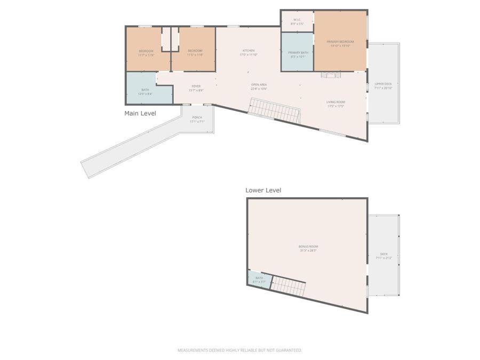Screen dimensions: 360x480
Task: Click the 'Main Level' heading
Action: click(140, 114)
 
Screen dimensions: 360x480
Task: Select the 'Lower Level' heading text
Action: click(263, 190)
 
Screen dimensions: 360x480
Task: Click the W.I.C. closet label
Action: click(297, 22)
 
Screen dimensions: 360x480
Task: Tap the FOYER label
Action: click(196, 88)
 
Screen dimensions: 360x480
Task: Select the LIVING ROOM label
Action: click(336, 104)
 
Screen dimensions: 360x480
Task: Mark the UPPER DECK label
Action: click(383, 86)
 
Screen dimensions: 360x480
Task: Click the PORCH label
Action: click(197, 119)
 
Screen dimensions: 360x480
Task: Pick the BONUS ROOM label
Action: click(308, 248)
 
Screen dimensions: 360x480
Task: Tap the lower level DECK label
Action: click(384, 256)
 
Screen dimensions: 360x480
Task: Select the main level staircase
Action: click(275, 111)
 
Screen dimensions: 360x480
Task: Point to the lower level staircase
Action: click(289, 286)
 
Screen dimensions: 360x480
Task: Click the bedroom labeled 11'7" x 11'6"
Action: click(146, 52)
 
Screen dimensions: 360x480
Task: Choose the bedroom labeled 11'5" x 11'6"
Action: click(195, 52)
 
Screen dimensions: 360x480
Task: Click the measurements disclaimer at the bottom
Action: click(239, 350)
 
